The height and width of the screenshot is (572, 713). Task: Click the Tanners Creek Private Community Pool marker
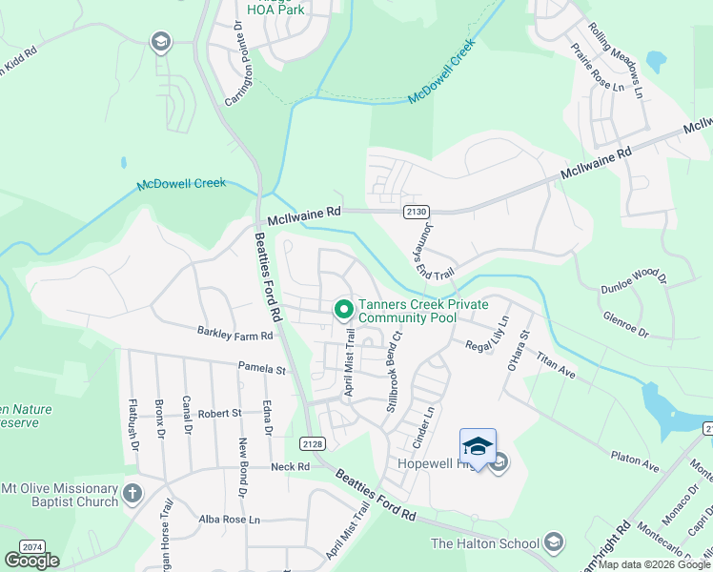pyautogui.click(x=343, y=310)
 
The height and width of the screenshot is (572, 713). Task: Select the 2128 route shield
pyautogui.click(x=312, y=443)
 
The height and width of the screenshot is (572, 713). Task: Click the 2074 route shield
pyautogui.click(x=32, y=546)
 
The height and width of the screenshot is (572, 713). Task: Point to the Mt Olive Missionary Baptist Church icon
pyautogui.click(x=132, y=494)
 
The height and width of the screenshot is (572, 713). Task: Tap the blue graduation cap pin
pyautogui.click(x=478, y=446)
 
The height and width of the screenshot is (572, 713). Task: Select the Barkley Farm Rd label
pyautogui.click(x=234, y=336)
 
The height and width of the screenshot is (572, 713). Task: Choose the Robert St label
pyautogui.click(x=219, y=414)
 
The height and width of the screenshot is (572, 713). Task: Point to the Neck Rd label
pyautogui.click(x=290, y=467)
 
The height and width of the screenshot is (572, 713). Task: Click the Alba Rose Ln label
pyautogui.click(x=229, y=520)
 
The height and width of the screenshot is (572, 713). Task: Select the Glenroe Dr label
pyautogui.click(x=625, y=325)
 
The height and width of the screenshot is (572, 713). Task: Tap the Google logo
pyautogui.click(x=32, y=561)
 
